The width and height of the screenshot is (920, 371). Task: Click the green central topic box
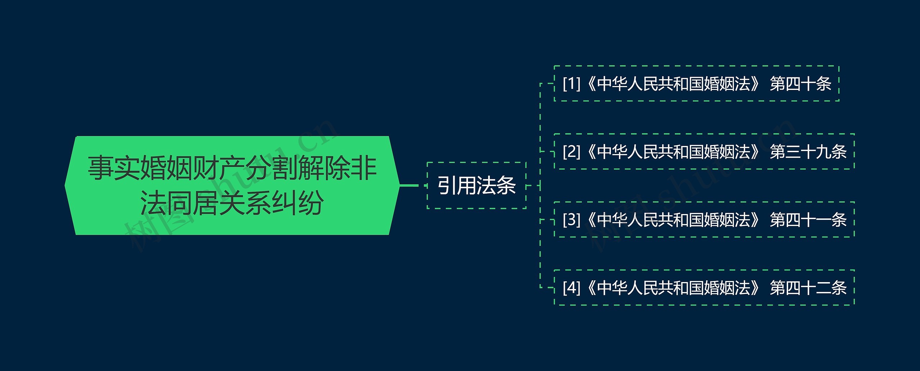click(232, 185)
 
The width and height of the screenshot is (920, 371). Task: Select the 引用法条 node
click(477, 185)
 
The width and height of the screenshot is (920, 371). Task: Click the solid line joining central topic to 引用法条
click(409, 185)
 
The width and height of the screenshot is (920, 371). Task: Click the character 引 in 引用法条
click(447, 186)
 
